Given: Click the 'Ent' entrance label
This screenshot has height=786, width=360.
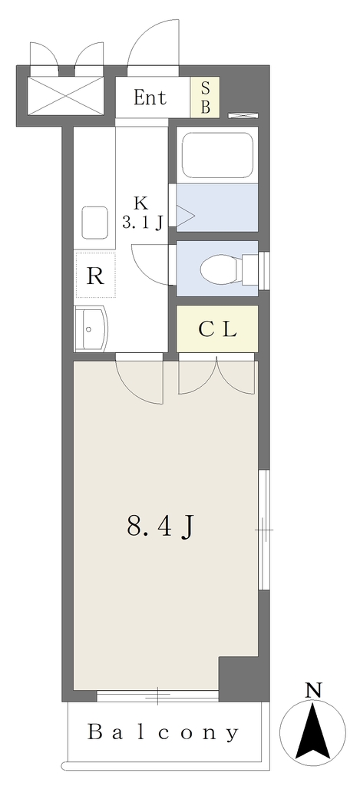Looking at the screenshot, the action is coord(150,97).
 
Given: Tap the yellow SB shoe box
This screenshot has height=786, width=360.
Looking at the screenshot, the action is coord(205,97).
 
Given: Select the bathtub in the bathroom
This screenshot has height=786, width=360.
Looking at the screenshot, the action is coord(216,155).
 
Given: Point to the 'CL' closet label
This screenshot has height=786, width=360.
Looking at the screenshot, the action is coord(217,329).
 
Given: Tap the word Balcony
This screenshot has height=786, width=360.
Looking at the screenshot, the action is coord(164,733).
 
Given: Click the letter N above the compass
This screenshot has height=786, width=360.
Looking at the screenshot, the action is coord(313,692).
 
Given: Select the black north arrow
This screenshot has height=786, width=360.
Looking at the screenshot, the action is coord(313,731).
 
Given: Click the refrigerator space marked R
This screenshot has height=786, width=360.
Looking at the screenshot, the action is coord(95,276).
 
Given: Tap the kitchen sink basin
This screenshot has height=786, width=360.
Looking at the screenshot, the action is coord(94,223).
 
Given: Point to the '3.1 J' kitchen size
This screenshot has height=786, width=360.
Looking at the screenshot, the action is coord(142,222).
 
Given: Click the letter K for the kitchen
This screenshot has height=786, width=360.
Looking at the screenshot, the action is coord(141,203).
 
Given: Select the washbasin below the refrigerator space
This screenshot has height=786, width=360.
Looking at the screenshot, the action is coord(91,329).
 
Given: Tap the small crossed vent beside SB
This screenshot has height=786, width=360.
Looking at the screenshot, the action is coord(243,115).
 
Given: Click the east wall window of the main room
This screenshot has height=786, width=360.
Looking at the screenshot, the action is coord(264,530).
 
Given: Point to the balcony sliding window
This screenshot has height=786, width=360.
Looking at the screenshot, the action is coord(157,695).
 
